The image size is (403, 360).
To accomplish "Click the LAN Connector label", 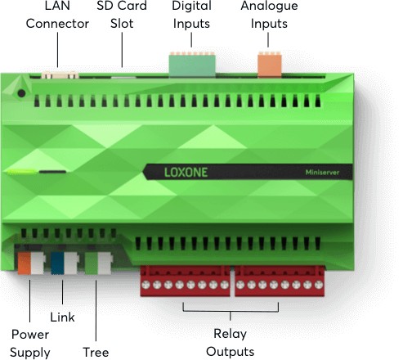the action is pyautogui.click(x=57, y=15).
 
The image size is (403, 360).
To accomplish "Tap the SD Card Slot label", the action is pyautogui.click(x=122, y=15).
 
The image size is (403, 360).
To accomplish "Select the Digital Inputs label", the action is pyautogui.click(x=191, y=15).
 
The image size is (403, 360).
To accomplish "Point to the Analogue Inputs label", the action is pyautogui.click(x=269, y=15).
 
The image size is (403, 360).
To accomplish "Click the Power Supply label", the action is pyautogui.click(x=30, y=344).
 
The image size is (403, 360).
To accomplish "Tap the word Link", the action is pyautogui.click(x=62, y=317).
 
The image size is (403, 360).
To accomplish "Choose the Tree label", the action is pyautogui.click(x=96, y=352).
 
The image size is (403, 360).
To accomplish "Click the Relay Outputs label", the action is pyautogui.click(x=231, y=343).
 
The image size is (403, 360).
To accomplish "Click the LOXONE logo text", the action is pyautogui.click(x=186, y=173).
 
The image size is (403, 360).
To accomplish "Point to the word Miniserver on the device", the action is pyautogui.click(x=322, y=173).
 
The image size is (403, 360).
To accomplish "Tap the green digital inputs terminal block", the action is pyautogui.click(x=192, y=65).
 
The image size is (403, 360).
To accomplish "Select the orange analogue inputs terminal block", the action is pyautogui.click(x=270, y=65).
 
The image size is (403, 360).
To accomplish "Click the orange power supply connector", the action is pyautogui.click(x=25, y=263).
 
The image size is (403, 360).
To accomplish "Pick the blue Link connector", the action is pyautogui.click(x=57, y=263).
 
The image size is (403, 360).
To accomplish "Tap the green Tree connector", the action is pyautogui.click(x=92, y=263).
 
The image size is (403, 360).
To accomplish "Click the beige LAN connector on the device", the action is pyautogui.click(x=60, y=74).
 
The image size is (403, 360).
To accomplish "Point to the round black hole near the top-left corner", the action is pyautogui.click(x=21, y=93).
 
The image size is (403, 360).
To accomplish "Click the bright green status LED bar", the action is pyautogui.click(x=21, y=172).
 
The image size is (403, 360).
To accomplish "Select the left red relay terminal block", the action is pyautogui.click(x=186, y=281).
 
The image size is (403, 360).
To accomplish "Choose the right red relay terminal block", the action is pyautogui.click(x=280, y=281).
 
